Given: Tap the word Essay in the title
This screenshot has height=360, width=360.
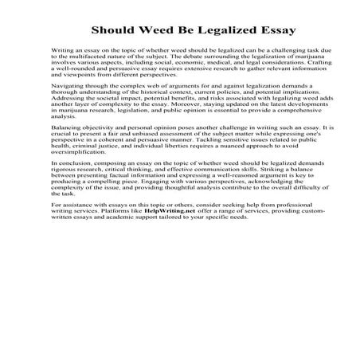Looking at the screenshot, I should click(278, 31).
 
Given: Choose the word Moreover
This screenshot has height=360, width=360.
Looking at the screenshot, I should click(207, 103).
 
